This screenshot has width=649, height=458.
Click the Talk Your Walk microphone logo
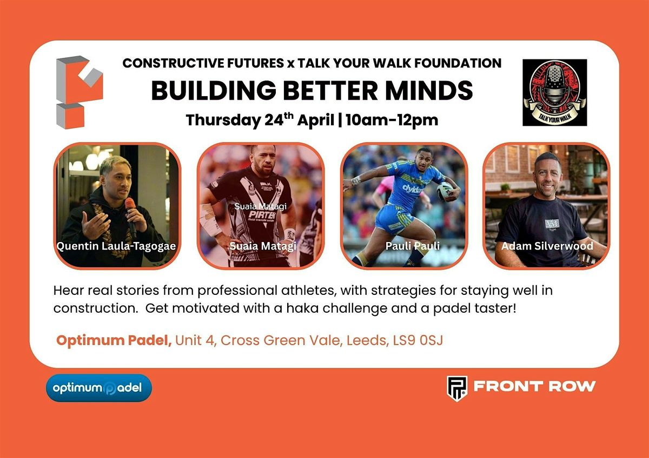pos(554,92)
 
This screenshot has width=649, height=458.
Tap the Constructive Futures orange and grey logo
pos(80,92)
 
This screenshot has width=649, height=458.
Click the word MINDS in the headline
pos(429,90)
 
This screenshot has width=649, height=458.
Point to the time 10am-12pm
pos(392,120)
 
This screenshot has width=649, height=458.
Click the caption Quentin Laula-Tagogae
pos(116,246)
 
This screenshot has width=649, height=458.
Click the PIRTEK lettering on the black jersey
pos(262,214)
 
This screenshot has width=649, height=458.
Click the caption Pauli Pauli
pos(412,246)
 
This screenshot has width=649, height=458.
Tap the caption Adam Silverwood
pos(547,246)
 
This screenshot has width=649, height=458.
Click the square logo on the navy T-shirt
pos(552,224)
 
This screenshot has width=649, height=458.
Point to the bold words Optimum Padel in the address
pos(114,341)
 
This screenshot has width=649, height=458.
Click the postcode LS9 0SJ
pos(418,341)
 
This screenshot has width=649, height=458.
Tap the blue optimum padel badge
pos(99,388)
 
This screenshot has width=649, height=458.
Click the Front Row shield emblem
pos(457,388)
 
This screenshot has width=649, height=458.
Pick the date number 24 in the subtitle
pos(274,120)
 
